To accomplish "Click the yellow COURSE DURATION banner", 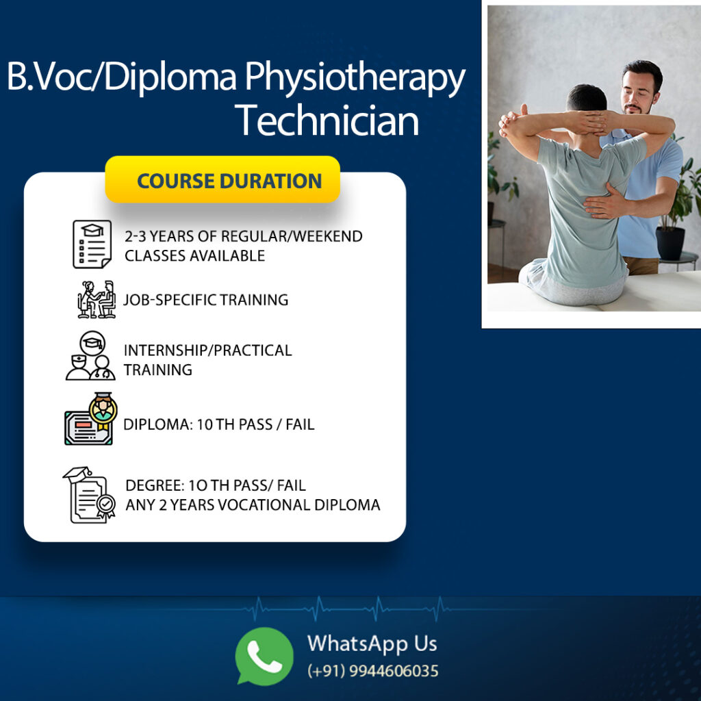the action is point(222,179).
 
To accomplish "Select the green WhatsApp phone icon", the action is point(264,656).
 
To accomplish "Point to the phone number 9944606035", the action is point(394,671).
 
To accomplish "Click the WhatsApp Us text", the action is point(372,643).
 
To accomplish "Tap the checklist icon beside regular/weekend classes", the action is point(92,244).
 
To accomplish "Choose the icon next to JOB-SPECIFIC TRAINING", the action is point(97,300).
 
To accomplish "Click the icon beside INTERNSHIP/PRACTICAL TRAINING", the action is point(91,356).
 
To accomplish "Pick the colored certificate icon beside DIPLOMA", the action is point(91,419).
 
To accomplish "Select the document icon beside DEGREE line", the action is point(90,495).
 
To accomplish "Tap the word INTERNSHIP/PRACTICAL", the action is point(208,350).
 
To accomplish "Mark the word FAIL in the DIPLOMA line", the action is point(300,424).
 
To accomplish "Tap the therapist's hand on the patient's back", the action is point(607,204).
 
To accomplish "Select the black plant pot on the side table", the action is point(670,243).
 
